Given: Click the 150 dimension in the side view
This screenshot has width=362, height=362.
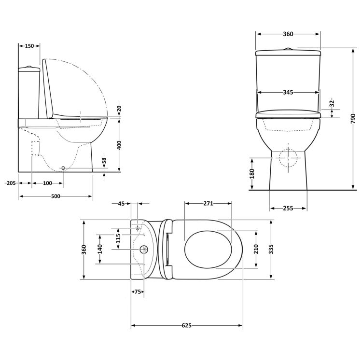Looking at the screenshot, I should point(29,46).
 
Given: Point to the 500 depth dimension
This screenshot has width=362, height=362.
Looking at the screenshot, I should point(56,196).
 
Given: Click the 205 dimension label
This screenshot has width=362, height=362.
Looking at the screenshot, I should point(10,183).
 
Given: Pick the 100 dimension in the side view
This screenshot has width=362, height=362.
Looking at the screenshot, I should point(47,183).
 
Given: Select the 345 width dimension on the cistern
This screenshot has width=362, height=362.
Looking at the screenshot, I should point(288,92).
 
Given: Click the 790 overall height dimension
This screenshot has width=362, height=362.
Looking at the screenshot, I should point(353,118).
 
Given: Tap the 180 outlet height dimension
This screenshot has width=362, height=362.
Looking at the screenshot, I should point(251,174).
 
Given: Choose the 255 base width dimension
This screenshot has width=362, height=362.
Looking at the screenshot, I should point(288,209).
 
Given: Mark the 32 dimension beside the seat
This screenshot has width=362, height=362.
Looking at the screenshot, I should point(332,103).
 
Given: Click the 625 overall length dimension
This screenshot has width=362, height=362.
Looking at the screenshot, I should point(187,325).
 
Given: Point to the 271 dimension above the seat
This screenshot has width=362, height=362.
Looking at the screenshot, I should point(208,204).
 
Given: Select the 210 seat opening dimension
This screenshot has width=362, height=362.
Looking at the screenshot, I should point(255,249).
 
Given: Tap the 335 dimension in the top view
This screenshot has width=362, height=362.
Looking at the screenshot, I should point(272,249).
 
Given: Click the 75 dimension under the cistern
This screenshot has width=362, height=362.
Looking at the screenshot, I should point(138,292).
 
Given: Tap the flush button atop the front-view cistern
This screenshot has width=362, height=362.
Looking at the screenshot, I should point(288,49).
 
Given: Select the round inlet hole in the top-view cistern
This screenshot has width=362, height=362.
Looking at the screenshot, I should point(143,249).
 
